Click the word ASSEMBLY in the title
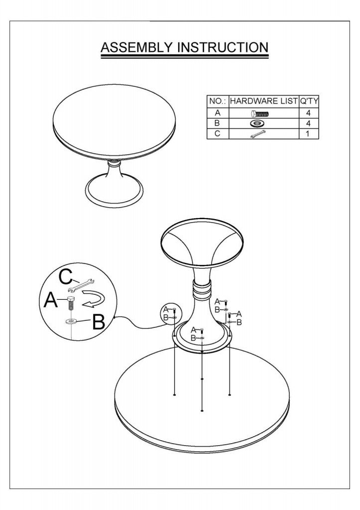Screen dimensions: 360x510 [136, 47]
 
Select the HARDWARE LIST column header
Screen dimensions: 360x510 [264, 101]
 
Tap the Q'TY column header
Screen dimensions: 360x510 [309, 101]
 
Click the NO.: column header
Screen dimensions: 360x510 [218, 101]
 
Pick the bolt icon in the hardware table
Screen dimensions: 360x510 [259, 114]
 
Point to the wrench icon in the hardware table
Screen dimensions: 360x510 [258, 133]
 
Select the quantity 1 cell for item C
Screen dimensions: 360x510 [308, 133]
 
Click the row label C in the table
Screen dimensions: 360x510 [218, 133]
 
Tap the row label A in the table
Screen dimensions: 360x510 [218, 113]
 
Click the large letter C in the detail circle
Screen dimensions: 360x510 [66, 278]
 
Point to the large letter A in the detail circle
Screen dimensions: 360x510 [51, 299]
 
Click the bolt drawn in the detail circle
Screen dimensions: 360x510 [71, 303]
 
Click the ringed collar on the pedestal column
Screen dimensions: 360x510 [202, 289]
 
